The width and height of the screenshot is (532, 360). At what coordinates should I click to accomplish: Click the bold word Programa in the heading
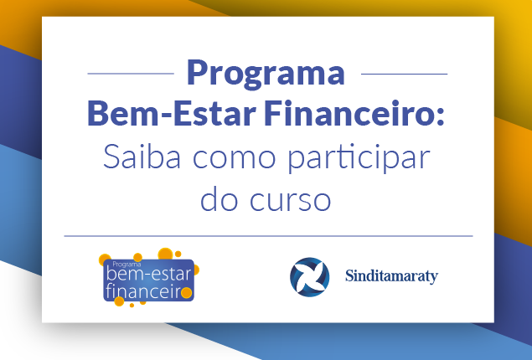click(266, 75)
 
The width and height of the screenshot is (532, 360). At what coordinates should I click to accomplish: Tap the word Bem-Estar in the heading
click(172, 113)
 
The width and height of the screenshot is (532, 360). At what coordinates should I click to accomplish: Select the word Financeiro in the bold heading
click(349, 113)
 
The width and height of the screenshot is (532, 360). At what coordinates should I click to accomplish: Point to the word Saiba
click(142, 157)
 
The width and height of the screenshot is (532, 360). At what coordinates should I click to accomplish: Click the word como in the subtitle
click(234, 159)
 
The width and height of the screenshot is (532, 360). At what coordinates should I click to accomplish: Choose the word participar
click(359, 158)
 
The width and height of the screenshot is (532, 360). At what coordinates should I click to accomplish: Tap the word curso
click(290, 201)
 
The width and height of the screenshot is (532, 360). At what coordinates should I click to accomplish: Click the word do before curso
click(219, 198)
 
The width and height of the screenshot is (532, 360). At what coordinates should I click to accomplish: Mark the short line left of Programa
click(131, 73)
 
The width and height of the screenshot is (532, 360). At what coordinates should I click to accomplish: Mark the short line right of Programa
click(404, 74)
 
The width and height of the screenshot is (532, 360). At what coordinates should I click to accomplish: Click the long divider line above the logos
click(268, 236)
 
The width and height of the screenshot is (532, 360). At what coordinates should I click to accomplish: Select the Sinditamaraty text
click(391, 276)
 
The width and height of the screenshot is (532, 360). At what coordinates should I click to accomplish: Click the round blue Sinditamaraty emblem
click(309, 277)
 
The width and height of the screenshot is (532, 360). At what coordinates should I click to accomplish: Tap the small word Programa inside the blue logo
click(127, 265)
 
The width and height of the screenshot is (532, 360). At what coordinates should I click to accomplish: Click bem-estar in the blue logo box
click(149, 275)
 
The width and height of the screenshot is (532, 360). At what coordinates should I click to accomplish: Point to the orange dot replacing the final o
click(186, 292)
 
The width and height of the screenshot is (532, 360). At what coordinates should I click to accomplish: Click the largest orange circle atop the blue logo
click(165, 254)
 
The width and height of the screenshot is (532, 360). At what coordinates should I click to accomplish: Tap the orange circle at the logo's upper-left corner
click(105, 260)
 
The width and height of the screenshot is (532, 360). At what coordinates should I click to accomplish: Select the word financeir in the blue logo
click(142, 291)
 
